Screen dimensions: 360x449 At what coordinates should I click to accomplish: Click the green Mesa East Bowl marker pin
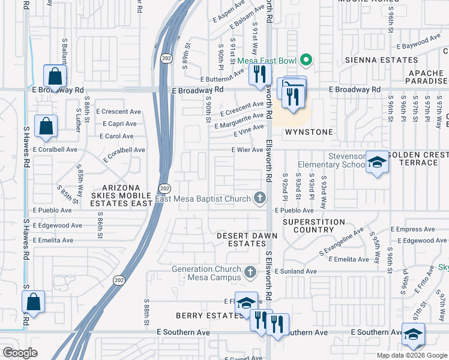coord(306,60)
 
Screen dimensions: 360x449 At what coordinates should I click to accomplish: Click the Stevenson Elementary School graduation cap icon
coord(376,163)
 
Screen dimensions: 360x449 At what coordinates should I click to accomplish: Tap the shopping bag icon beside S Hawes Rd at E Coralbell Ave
coord(46,127)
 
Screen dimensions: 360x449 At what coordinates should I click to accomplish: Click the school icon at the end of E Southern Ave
coord(413,335)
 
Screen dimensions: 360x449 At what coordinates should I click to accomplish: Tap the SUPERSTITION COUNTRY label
coord(314,226)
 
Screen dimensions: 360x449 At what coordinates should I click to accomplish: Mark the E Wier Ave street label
coord(247,150)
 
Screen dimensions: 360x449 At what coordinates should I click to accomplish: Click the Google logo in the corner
coord(20,352)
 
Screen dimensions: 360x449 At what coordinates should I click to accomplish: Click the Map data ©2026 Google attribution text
coord(411,355)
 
